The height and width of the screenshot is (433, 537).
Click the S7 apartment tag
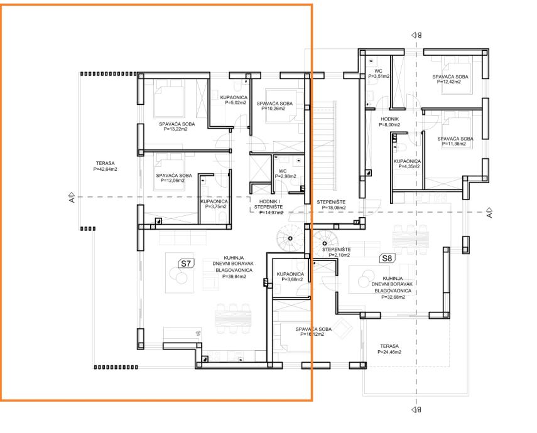tap(186, 263)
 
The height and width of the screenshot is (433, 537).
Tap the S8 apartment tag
tap(387, 258)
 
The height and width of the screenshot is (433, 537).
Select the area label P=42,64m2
tap(106, 169)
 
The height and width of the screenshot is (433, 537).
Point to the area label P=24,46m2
tap(390, 352)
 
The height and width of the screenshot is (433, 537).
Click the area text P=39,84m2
tap(234, 277)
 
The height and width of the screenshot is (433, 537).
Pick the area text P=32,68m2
tap(393, 297)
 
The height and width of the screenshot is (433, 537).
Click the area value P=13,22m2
tap(175, 129)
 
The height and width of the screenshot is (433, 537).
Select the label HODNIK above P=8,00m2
tap(390, 119)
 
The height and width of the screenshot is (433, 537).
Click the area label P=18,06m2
tap(334, 208)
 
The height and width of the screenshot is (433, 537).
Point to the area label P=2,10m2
tap(339, 255)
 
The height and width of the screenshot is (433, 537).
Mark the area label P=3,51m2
tap(379, 77)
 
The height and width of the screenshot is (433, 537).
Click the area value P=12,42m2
tap(449, 82)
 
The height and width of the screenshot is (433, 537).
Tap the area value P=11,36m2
tap(454, 144)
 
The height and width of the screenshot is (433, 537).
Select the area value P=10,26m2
tap(273, 109)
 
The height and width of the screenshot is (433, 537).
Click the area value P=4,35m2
tap(409, 166)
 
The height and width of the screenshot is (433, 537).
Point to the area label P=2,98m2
tap(285, 176)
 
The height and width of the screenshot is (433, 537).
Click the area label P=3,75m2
tap(216, 206)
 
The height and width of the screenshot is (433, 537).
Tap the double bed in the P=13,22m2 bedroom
tap(169, 99)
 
